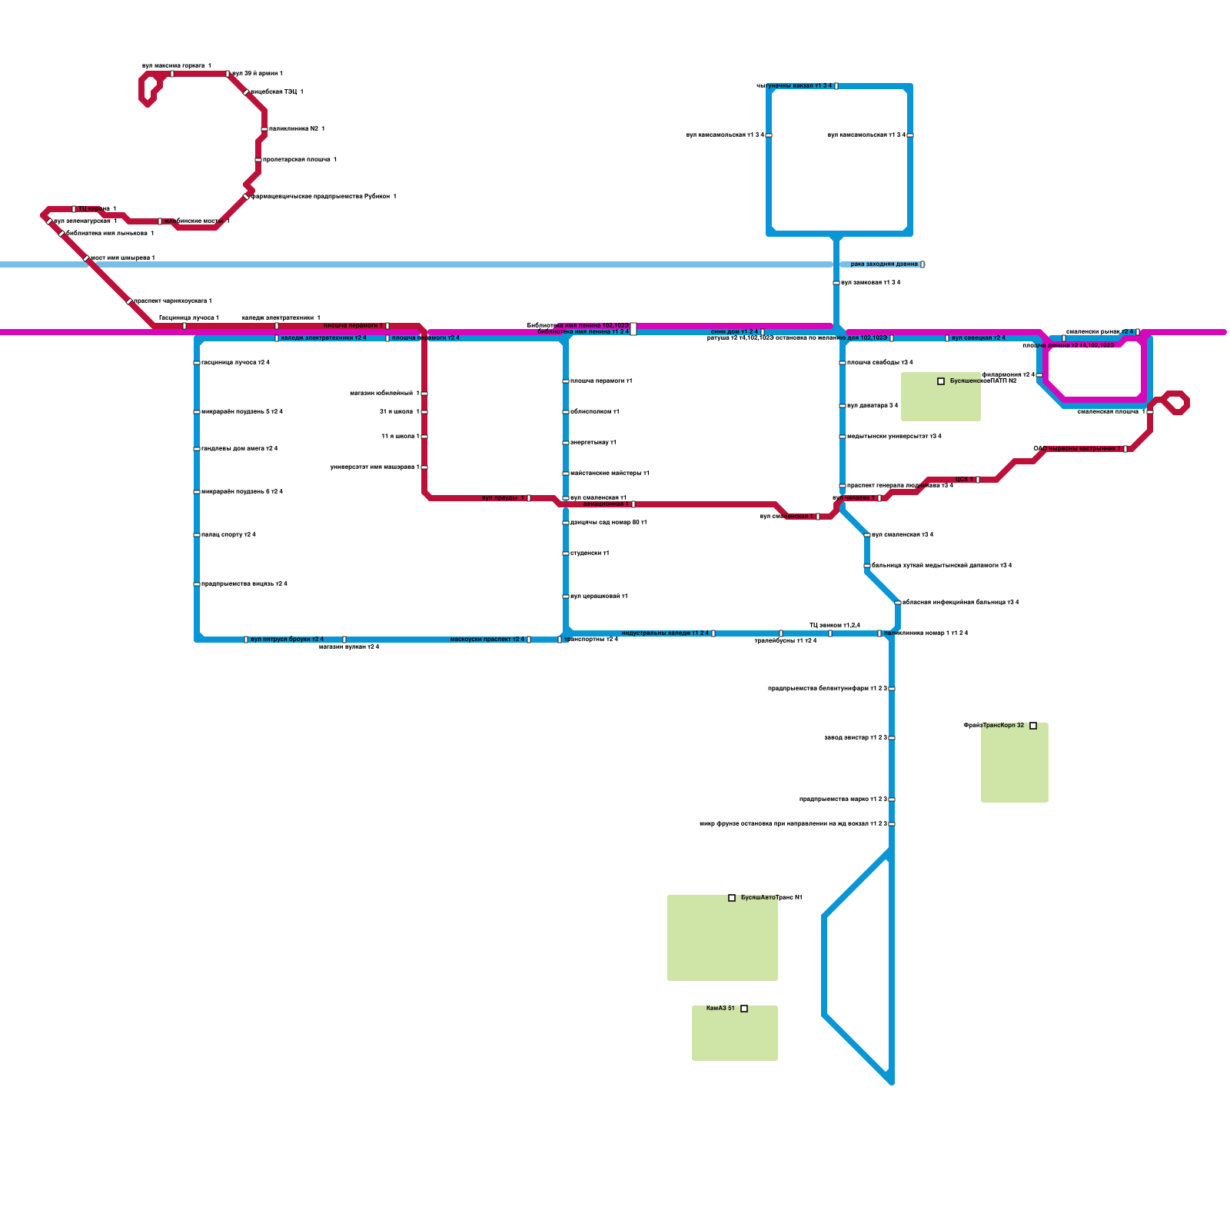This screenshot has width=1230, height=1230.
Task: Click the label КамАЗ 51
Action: point(720,1008)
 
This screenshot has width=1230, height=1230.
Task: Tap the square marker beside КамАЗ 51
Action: point(744,1009)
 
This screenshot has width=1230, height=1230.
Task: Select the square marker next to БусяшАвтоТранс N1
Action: point(732,898)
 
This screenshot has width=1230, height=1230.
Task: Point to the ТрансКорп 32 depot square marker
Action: point(1033,726)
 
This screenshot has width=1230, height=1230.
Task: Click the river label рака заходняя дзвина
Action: point(884,264)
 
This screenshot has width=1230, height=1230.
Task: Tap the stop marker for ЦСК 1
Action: point(978,480)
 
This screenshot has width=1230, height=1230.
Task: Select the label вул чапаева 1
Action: point(853,498)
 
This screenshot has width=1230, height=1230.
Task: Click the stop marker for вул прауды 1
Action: point(529,498)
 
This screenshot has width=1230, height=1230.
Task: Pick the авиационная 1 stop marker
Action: point(633,504)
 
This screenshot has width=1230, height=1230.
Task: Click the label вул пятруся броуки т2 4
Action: point(287,640)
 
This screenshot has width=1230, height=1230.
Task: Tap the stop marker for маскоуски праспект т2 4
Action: point(529,640)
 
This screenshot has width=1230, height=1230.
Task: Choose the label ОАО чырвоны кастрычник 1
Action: point(1077,449)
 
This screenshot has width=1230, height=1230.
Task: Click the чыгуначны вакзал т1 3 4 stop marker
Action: point(836,86)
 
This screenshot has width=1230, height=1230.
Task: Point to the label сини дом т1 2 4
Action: point(734,332)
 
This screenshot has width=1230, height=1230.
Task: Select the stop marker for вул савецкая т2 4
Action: point(947,338)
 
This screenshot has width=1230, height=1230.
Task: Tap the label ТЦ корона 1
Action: point(97,209)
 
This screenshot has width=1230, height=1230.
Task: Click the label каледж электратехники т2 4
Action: point(324,338)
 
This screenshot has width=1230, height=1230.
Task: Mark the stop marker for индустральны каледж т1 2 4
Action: point(713,633)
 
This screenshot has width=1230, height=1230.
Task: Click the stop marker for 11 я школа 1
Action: point(424,437)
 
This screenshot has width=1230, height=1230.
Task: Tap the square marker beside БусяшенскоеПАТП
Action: point(941,381)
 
